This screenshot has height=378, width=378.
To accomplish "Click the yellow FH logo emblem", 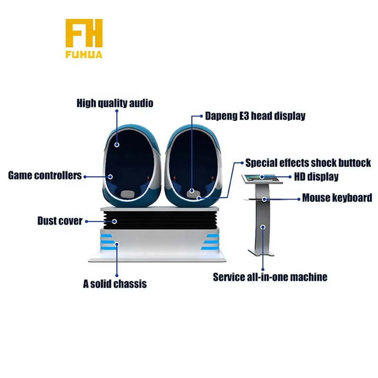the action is tap(84, 33).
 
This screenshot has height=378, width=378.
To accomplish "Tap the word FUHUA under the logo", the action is tap(84, 55).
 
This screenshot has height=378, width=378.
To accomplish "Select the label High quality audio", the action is tap(115, 103).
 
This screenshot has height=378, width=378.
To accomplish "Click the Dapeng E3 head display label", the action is tap(255, 115).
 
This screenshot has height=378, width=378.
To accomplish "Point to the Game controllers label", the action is tap(45, 176).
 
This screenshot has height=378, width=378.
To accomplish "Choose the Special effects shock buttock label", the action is tap(308, 163).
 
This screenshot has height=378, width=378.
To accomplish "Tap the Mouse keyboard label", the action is tap(337, 198).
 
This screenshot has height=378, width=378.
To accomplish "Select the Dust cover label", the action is tap(60, 221).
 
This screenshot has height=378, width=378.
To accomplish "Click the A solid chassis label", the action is tap(115, 283).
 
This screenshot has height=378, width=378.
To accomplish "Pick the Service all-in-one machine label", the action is tap(270, 277).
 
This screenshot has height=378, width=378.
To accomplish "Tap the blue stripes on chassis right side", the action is tap(211, 239).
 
